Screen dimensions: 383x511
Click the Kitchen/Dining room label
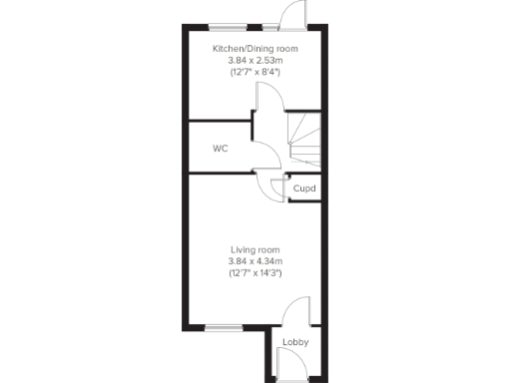coord(255,48)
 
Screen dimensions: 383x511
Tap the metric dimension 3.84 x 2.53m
coord(255,60)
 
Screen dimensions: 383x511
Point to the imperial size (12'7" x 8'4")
coord(255,72)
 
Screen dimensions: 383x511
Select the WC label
coord(221,149)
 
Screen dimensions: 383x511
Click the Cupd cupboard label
coord(304,189)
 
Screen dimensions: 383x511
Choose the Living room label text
coord(255,249)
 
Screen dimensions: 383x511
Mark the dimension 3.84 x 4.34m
coord(255,261)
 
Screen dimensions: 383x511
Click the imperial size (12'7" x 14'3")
coord(255,273)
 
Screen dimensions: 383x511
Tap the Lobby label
coord(295,343)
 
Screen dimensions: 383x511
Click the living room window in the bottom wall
coord(224,326)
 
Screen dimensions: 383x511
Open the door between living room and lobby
coord(296,311)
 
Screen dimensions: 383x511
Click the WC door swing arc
coord(263,156)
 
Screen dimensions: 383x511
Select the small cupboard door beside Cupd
coord(276,186)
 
